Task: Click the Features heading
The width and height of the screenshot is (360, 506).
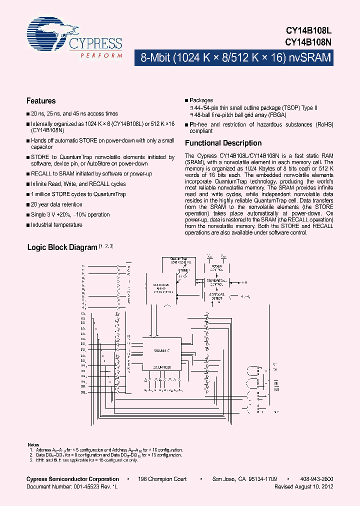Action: [41, 100]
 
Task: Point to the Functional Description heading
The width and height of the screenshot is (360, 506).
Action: [223, 143]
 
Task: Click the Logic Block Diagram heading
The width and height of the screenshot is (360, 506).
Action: [61, 247]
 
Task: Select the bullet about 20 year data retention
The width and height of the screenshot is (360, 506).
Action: [56, 204]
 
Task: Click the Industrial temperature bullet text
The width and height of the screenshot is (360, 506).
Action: [56, 225]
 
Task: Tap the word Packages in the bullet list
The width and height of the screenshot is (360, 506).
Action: [201, 100]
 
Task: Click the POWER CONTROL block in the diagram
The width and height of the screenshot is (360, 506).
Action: [216, 268]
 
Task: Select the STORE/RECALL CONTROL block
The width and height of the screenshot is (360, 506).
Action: [216, 283]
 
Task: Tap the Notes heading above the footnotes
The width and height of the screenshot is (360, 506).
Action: [33, 444]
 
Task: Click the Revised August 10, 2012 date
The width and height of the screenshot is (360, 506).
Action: [304, 486]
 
